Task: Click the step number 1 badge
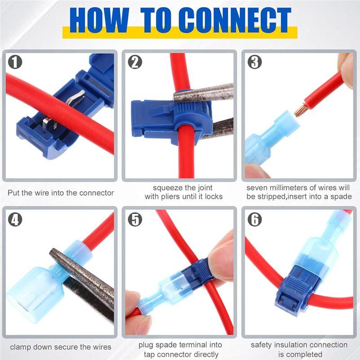click(15, 62)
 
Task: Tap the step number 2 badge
click(135, 62)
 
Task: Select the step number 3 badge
click(255, 62)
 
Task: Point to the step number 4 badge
click(15, 219)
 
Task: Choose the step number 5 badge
click(135, 219)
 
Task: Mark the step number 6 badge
click(255, 219)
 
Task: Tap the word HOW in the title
click(99, 20)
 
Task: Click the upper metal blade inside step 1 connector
click(76, 98)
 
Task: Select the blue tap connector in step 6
click(293, 290)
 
